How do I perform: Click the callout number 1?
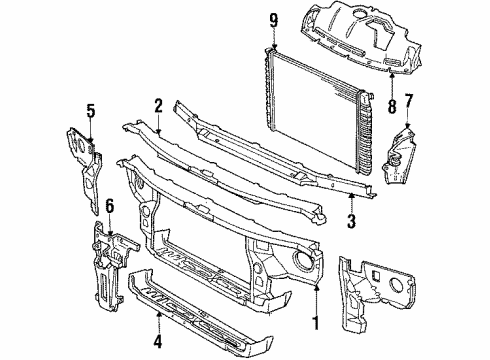click(x=317, y=323)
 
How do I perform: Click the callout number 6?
click(x=110, y=207)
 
